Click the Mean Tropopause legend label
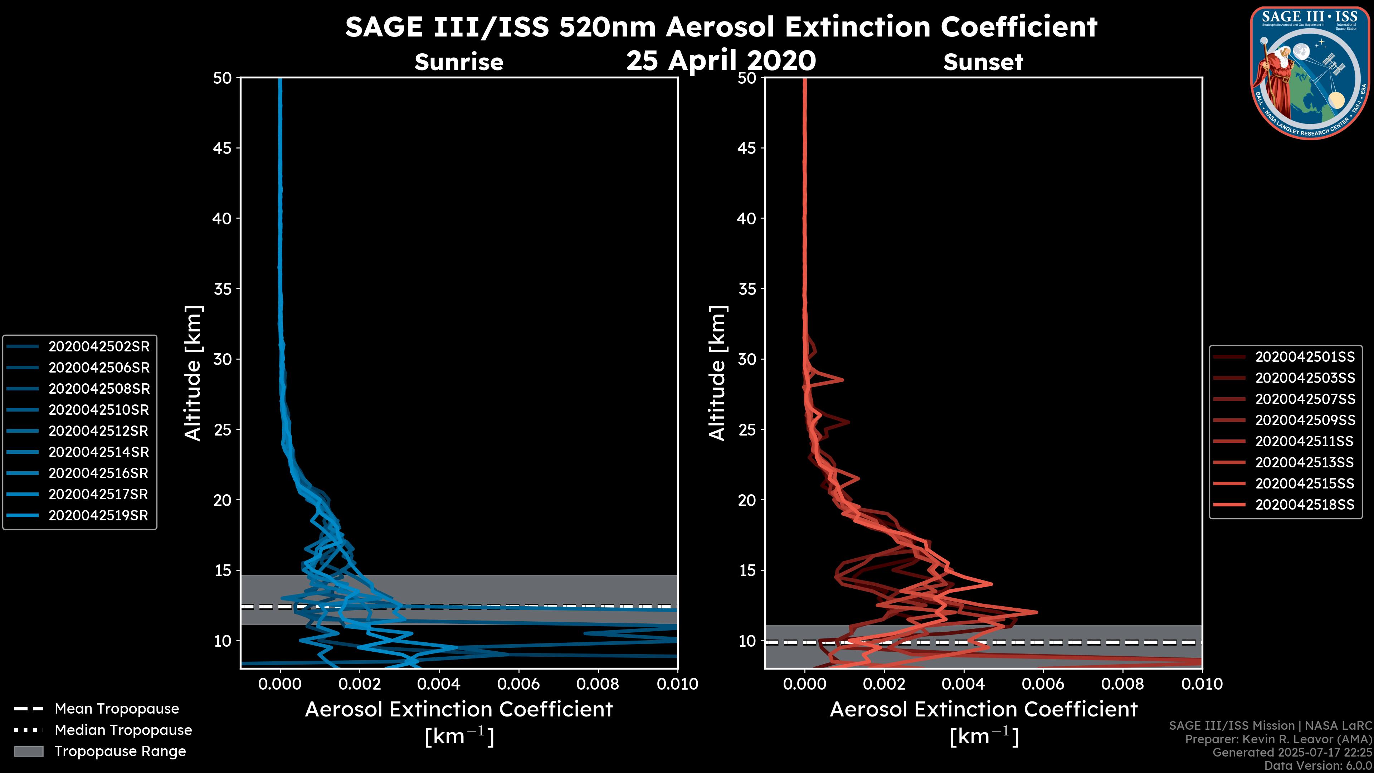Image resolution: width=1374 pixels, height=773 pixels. click(117, 709)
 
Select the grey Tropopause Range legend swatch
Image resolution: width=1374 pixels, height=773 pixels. click(28, 752)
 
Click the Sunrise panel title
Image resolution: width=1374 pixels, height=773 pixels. click(459, 62)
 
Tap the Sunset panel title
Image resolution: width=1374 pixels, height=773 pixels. click(983, 62)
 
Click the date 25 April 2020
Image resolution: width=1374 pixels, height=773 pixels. click(721, 60)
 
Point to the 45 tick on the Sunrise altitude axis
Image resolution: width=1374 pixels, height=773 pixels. click(223, 148)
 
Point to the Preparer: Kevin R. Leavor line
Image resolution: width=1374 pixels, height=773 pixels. click(1278, 739)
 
